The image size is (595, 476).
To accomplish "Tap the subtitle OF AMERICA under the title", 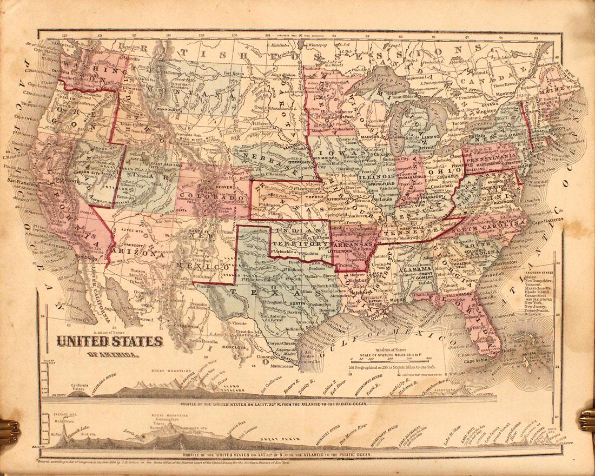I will tap(112, 355).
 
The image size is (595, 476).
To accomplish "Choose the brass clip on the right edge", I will tap(586, 420).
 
